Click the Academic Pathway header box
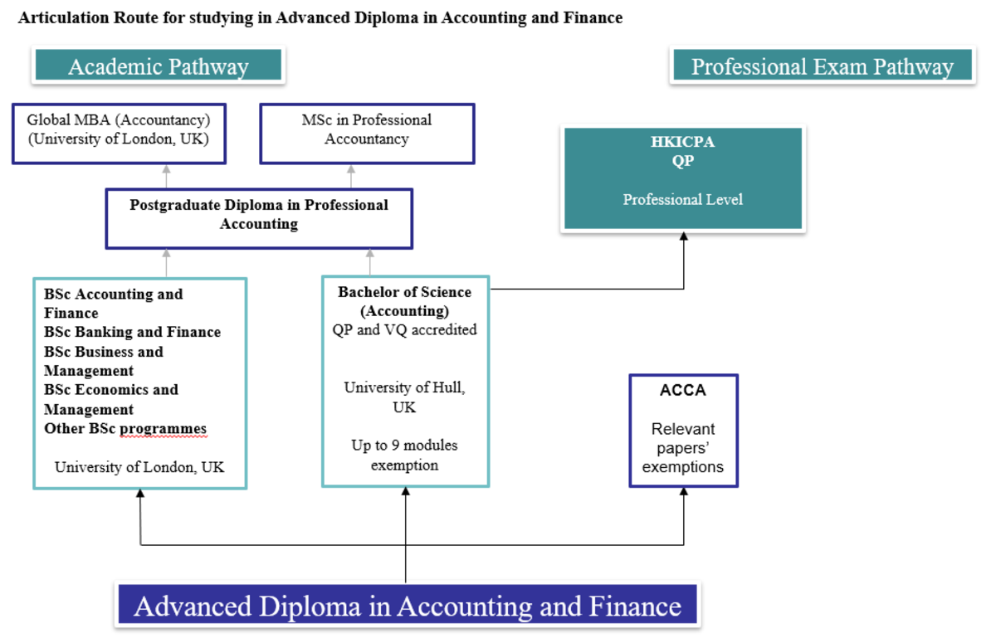click(158, 66)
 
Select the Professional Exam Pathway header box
click(822, 66)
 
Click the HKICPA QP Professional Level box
click(682, 178)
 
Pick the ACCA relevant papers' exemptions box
click(682, 431)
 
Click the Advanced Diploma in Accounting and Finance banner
click(407, 606)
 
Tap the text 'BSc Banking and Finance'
click(133, 332)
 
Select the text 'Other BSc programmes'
click(125, 429)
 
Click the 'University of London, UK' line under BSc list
click(139, 467)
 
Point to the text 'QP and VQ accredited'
click(404, 329)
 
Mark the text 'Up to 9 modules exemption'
click(404, 455)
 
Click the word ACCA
click(682, 391)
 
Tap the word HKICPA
click(682, 142)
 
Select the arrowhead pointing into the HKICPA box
click(684, 237)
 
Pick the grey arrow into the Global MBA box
click(166, 170)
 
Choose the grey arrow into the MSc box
click(350, 170)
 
